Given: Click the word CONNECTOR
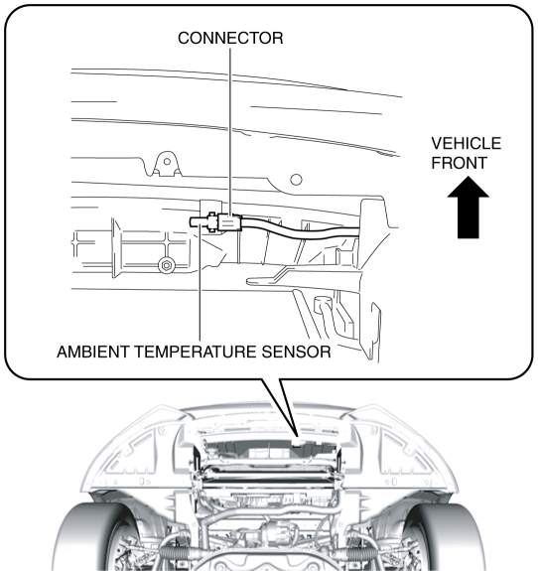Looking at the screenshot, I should coord(230,37).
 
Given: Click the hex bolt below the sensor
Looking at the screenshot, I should coord(166,265).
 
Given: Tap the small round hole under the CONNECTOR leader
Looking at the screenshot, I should coord(295,180).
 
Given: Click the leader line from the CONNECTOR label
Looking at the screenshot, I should coord(230,119).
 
